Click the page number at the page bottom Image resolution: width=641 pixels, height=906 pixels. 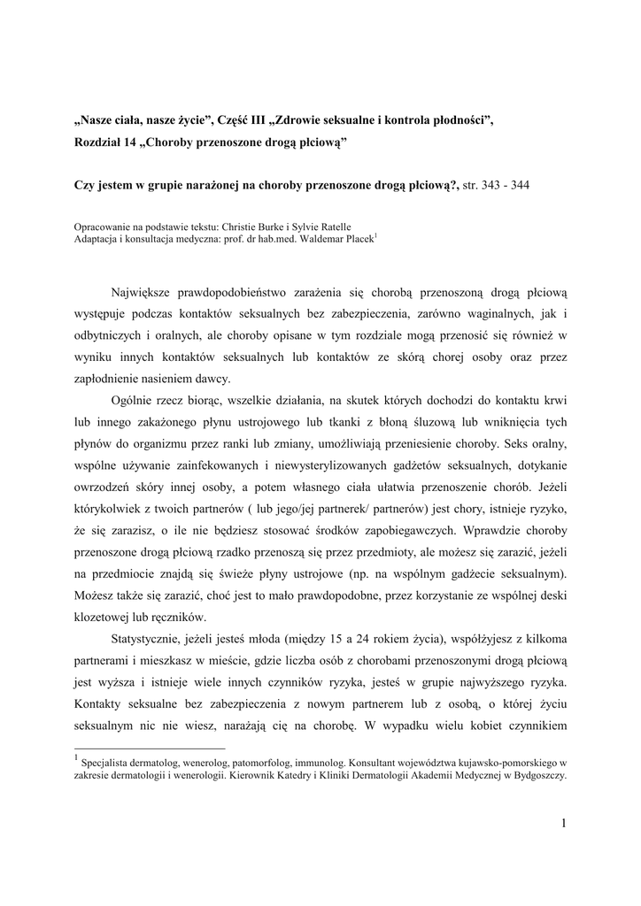[562, 824]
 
